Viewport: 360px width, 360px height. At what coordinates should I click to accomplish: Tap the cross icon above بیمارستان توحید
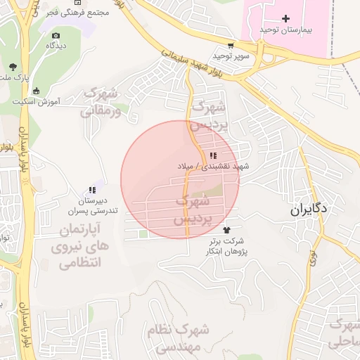(285, 18)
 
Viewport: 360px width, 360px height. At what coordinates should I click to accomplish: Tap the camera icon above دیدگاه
(56, 35)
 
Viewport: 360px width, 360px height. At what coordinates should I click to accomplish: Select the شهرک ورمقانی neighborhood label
(101, 102)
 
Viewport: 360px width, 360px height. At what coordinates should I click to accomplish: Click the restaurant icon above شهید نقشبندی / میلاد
(213, 155)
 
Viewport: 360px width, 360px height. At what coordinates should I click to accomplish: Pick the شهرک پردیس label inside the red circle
(194, 210)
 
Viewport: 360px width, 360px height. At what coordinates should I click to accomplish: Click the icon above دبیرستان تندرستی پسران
(91, 190)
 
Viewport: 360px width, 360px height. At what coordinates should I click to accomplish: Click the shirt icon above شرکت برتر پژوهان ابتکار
(226, 230)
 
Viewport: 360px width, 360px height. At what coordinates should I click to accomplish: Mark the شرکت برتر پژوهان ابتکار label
(226, 246)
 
